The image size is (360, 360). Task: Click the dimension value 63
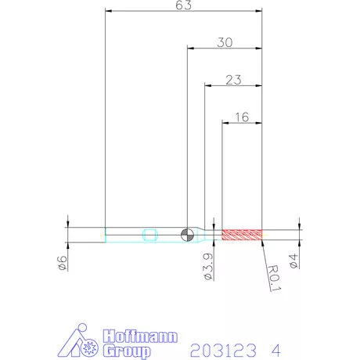[183, 5]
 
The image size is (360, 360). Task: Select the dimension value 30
[225, 42]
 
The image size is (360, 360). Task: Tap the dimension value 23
[233, 80]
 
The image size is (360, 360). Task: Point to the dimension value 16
[242, 117]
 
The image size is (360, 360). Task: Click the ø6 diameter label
[62, 263]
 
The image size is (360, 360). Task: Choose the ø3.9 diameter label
[208, 267]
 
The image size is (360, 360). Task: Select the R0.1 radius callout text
[275, 278]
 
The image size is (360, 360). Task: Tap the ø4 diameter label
[293, 261]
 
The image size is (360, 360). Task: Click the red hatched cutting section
[242, 235]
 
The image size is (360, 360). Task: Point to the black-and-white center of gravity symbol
[187, 235]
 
